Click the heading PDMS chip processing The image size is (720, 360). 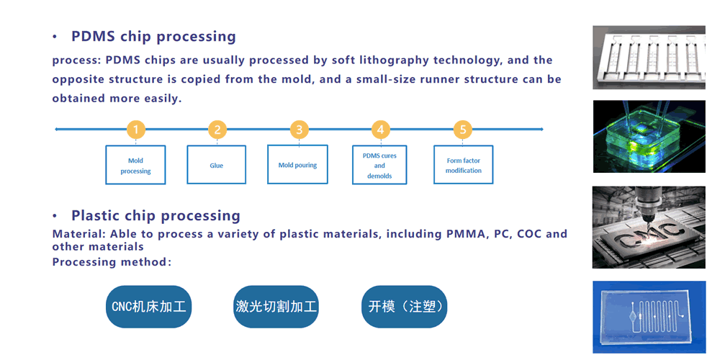(x=153, y=36)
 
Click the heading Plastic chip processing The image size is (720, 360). (x=156, y=215)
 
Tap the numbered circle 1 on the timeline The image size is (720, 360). (x=136, y=130)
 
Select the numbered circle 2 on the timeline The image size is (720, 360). (x=217, y=130)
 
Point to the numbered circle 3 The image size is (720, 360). (x=299, y=130)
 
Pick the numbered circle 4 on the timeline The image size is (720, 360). (x=380, y=130)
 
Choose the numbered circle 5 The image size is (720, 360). (x=462, y=130)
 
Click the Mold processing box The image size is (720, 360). (x=135, y=165)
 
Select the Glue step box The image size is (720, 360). (x=216, y=165)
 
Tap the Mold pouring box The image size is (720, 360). (x=297, y=164)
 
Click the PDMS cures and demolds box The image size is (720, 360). (x=379, y=165)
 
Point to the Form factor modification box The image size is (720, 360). (x=463, y=165)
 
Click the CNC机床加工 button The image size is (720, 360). (x=149, y=307)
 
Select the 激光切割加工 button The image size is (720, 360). (x=276, y=307)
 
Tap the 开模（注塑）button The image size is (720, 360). (x=405, y=307)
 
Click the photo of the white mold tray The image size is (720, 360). (x=649, y=58)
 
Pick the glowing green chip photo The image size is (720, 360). (x=649, y=136)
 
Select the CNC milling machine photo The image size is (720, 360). (x=649, y=228)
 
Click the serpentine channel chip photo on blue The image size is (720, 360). (x=649, y=317)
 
